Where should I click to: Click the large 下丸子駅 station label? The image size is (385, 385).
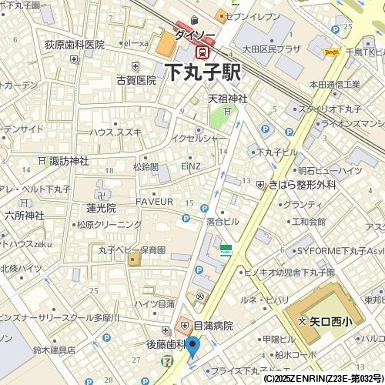(x=203, y=73)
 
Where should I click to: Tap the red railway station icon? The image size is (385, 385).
(x=203, y=52)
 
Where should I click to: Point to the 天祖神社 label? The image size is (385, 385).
(x=227, y=99)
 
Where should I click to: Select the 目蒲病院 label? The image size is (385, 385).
(x=213, y=326)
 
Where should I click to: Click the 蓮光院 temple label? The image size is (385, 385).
(x=101, y=208)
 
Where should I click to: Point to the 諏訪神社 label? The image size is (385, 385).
(x=69, y=161)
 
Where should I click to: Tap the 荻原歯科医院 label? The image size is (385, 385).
(x=74, y=45)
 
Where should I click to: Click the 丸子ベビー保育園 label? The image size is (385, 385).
(x=132, y=249)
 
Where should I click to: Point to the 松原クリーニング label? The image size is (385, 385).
(x=109, y=224)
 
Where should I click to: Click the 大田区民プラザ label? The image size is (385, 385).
(x=269, y=49)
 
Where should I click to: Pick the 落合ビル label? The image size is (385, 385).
(x=223, y=221)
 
